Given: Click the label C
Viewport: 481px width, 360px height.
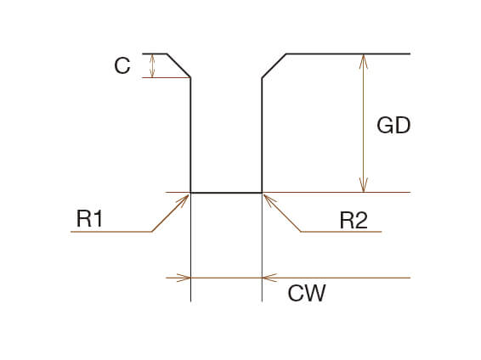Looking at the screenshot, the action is [x=122, y=65].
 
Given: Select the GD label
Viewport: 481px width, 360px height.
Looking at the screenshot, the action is [x=393, y=125].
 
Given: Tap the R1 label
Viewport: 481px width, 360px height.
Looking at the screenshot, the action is [x=89, y=218].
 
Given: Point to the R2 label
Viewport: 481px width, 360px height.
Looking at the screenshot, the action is [x=354, y=220].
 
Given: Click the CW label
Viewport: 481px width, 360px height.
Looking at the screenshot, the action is [x=307, y=293].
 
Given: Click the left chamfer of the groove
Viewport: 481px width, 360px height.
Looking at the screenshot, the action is [x=178, y=65].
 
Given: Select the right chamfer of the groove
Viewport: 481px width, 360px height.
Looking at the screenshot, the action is [x=274, y=65].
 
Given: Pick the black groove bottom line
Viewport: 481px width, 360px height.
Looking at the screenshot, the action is [x=226, y=193].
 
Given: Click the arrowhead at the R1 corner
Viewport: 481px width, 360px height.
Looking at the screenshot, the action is [x=184, y=200].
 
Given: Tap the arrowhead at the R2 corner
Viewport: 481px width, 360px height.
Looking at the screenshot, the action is [x=269, y=200].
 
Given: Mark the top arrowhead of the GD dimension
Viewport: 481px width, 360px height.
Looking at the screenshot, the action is [x=364, y=61].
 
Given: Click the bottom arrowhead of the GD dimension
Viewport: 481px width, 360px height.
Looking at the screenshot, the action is [x=364, y=185].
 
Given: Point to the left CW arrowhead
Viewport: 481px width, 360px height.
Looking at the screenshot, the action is [x=184, y=278].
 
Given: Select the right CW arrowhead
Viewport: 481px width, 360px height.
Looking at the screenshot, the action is [x=269, y=278].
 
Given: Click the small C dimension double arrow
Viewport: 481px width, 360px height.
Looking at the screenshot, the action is [x=152, y=65].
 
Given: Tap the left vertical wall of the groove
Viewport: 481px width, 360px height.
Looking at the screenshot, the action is [x=191, y=135].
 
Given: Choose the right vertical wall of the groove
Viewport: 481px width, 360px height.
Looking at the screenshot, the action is [x=262, y=135].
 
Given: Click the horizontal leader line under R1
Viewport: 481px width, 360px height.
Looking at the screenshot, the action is [x=111, y=232].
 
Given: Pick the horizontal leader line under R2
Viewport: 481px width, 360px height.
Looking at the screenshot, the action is [x=341, y=232].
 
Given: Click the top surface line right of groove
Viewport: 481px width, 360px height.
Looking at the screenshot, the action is [x=348, y=54].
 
